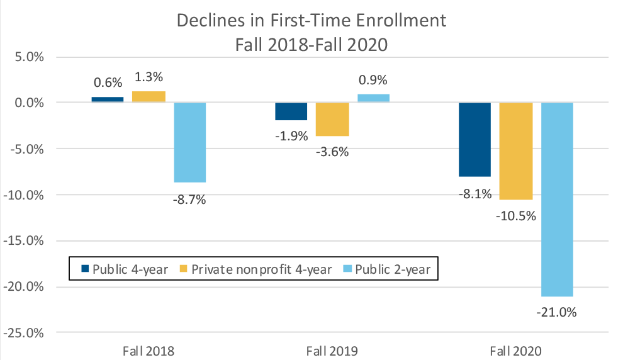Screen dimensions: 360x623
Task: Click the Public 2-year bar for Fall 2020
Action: click(557, 199)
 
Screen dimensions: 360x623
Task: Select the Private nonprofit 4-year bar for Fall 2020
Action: click(516, 150)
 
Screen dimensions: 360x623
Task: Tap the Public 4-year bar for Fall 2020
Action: click(474, 139)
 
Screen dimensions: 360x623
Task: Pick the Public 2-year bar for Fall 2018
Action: click(190, 142)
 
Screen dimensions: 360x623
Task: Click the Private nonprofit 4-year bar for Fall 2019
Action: click(332, 119)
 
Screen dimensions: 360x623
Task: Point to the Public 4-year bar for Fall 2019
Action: click(291, 111)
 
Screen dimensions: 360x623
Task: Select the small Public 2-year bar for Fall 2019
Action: click(373, 98)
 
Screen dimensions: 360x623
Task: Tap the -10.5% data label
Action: click(516, 216)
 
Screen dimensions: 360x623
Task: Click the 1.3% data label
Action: click(149, 77)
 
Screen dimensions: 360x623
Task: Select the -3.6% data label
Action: click(332, 152)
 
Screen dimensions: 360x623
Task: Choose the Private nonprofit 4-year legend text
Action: click(262, 269)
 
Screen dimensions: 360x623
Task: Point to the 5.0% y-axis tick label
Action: click(25, 57)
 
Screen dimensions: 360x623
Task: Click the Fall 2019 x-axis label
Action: click(332, 351)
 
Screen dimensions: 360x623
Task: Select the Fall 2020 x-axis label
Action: click(516, 351)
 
